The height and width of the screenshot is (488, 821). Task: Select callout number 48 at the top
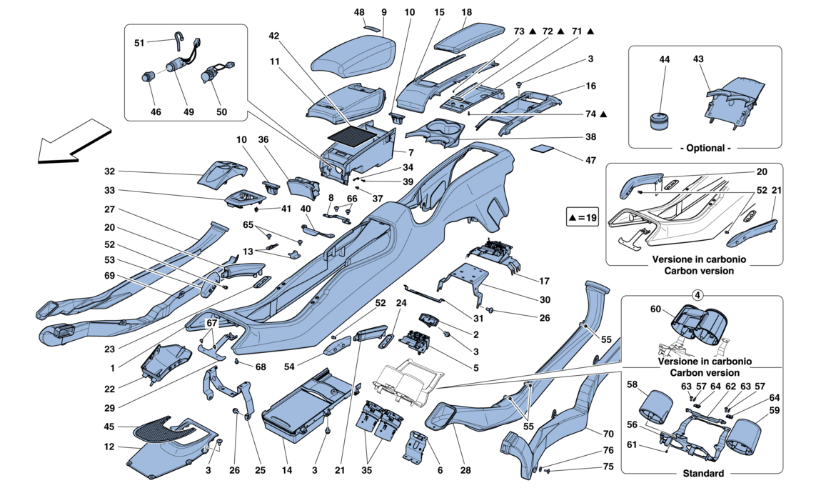point(359,13)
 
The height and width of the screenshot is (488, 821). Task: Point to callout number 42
point(274,35)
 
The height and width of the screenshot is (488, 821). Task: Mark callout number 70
point(607,434)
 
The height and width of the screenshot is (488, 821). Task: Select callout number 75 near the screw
point(607,466)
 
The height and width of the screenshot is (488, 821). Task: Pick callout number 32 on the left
point(109,171)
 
